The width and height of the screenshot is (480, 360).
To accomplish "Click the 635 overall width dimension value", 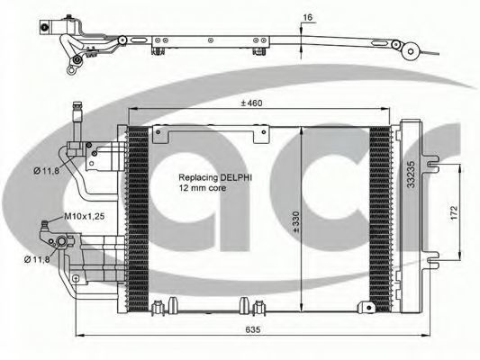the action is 253,329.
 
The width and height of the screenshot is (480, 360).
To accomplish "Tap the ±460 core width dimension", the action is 251,103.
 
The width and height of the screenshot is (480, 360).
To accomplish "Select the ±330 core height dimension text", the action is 296,222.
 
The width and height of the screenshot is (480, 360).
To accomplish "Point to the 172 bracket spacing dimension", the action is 454,212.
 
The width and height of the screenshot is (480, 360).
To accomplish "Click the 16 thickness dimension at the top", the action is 307,17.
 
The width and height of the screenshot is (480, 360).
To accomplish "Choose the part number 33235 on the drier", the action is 411,175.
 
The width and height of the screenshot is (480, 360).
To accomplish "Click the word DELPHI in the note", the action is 236,177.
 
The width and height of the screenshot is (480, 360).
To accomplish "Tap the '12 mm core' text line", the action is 203,188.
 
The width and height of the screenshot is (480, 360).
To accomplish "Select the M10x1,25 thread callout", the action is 85,216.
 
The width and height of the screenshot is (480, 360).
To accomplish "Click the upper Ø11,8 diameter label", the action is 46,171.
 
